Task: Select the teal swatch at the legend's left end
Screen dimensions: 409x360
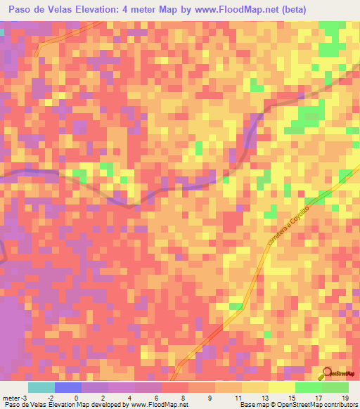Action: (41, 387)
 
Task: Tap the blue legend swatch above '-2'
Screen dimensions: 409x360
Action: (67, 387)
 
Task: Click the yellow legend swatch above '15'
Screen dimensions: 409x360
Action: (281, 387)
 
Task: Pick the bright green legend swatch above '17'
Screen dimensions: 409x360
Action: (308, 387)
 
